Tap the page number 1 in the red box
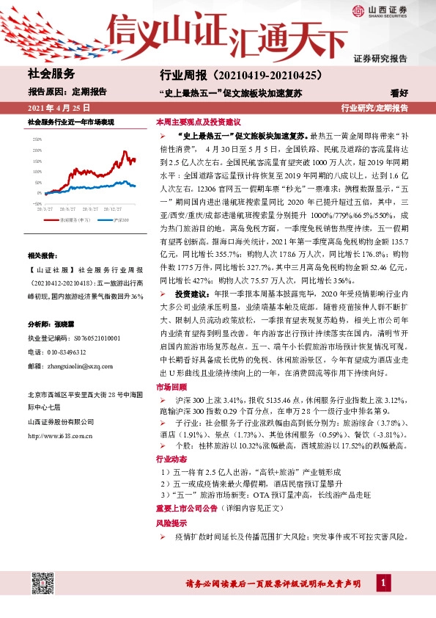pyautogui.click(x=383, y=583)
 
